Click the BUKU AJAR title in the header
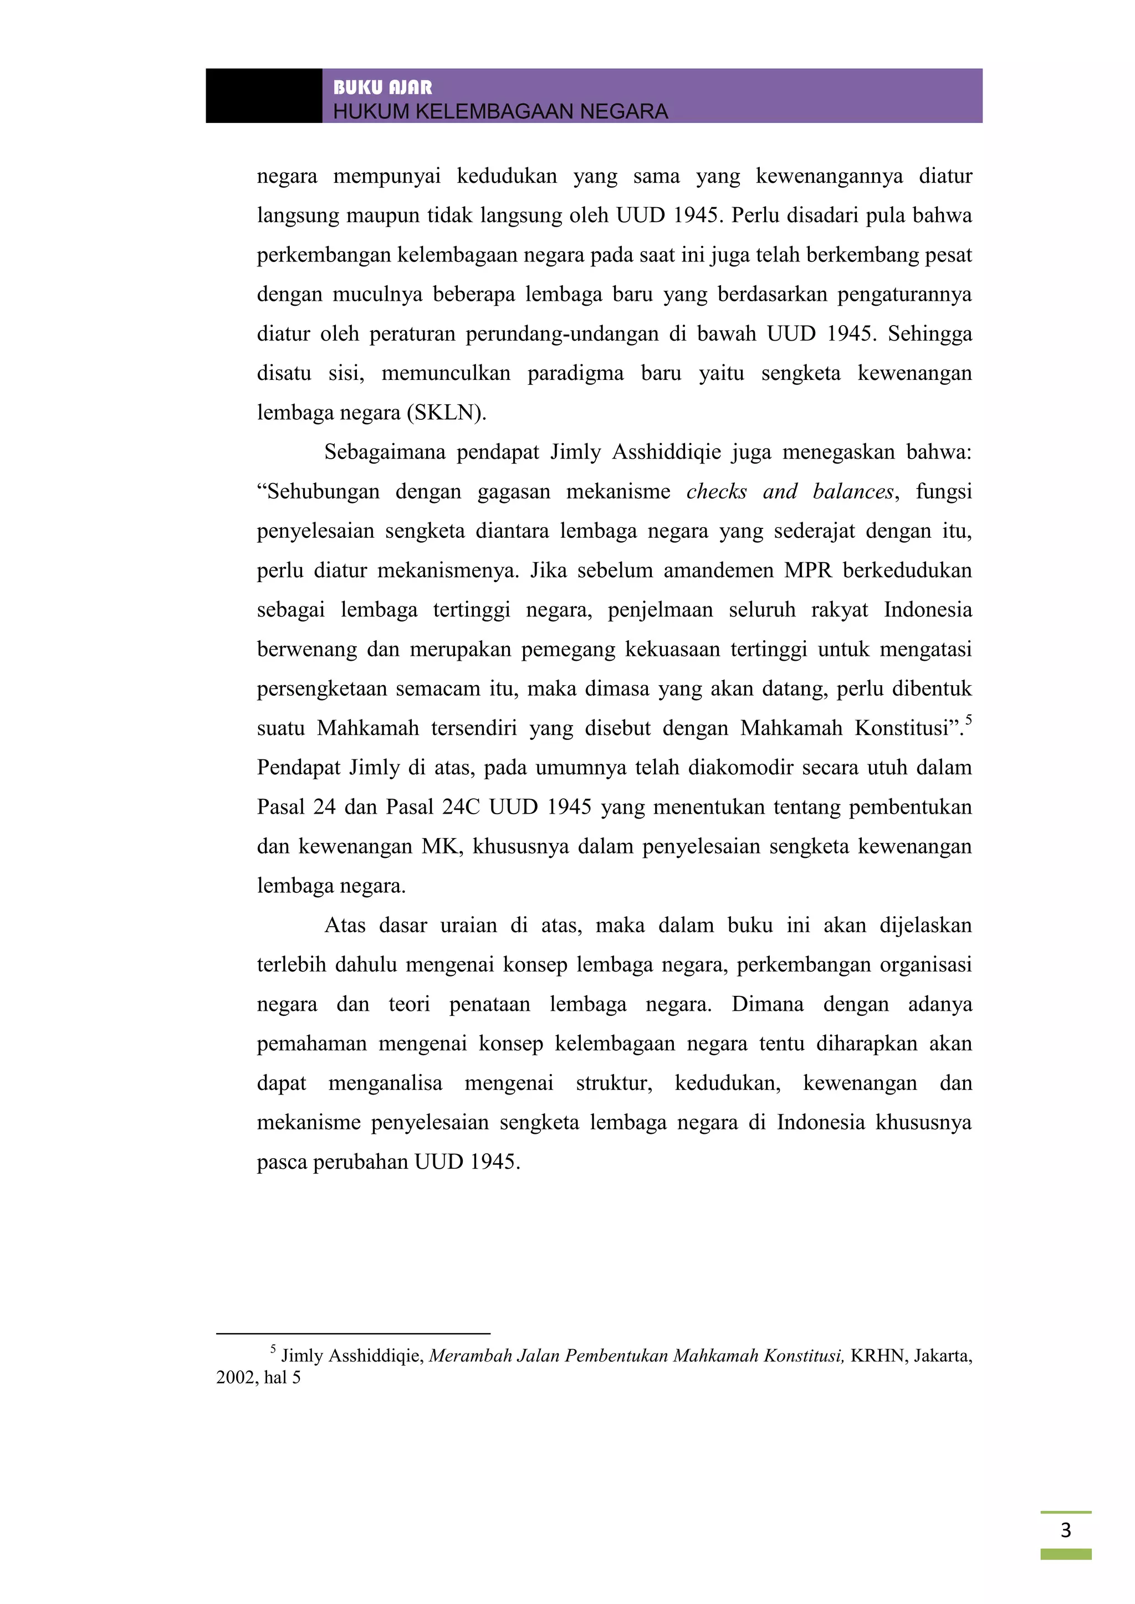pos(382,88)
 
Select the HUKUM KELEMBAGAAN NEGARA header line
pos(500,111)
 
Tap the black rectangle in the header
pos(263,96)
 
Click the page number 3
pos(1065,1530)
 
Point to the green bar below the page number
pos(1065,1554)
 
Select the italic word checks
pos(717,491)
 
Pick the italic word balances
pos(853,491)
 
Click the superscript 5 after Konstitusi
pos(969,719)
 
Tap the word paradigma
pos(575,373)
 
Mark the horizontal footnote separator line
pos(353,1334)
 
